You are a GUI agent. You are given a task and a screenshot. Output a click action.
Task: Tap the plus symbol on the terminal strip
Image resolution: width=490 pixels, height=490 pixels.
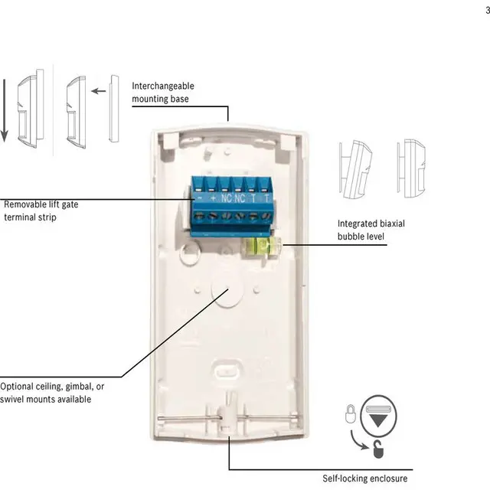[212, 198]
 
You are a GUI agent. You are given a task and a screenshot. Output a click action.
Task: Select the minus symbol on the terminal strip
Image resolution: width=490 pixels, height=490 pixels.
[199, 198]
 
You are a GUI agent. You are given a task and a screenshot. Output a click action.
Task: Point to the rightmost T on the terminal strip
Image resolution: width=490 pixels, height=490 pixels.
[266, 198]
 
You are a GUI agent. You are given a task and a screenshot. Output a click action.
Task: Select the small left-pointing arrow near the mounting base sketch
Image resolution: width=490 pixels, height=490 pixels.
[97, 90]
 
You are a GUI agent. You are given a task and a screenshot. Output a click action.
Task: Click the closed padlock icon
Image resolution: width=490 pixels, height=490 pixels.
[350, 414]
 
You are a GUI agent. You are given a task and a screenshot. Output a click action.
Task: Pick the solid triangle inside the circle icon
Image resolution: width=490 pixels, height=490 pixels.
[379, 412]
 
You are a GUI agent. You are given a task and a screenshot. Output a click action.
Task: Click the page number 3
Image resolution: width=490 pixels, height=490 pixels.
[485, 8]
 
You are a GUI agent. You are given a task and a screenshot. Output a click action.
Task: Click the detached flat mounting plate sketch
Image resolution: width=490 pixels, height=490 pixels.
[115, 108]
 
